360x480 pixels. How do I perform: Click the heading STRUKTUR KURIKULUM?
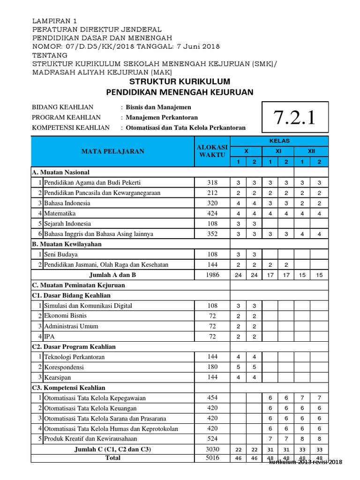click(180, 82)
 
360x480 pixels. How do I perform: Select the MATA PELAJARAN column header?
click(113, 151)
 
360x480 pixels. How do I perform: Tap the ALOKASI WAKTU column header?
click(212, 151)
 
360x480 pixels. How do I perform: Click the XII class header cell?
click(311, 151)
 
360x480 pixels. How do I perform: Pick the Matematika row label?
click(58, 213)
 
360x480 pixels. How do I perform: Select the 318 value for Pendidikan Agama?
click(212, 182)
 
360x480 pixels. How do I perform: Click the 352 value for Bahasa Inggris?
click(212, 233)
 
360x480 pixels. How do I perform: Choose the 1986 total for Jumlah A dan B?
click(212, 275)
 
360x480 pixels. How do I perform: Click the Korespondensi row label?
click(64, 367)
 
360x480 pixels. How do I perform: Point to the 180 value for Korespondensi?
click(212, 367)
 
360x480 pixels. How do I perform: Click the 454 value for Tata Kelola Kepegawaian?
click(212, 398)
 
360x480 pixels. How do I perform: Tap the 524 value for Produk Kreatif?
click(212, 439)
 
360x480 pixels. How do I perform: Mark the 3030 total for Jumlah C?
click(212, 449)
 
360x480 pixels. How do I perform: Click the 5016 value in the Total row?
click(212, 458)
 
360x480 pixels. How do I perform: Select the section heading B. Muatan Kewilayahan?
click(67, 244)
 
